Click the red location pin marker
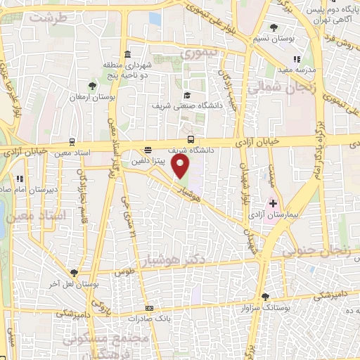click(181, 167)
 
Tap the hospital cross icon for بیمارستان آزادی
click(274, 203)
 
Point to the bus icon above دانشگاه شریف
click(191, 139)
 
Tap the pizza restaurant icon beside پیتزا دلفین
click(148, 150)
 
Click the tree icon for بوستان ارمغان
click(92, 85)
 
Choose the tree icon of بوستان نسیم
click(274, 28)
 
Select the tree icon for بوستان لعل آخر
click(74, 272)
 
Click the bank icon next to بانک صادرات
click(149, 308)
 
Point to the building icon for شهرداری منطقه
click(127, 55)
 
